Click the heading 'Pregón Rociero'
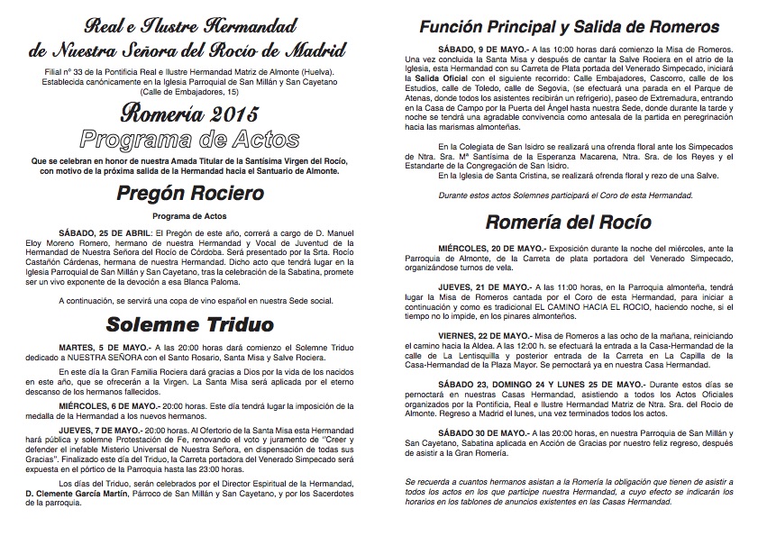click(x=190, y=193)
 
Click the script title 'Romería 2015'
click(x=190, y=114)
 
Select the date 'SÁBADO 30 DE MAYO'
click(x=477, y=433)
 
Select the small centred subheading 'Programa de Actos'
click(x=190, y=216)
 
